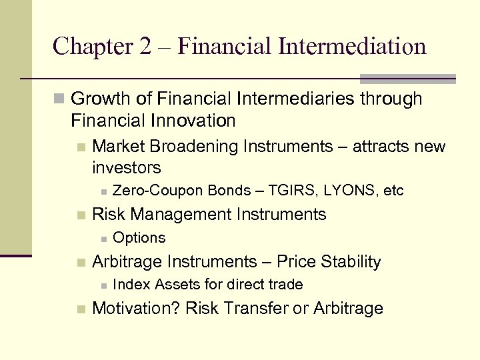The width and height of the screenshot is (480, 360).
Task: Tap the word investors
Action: pyautogui.click(x=127, y=167)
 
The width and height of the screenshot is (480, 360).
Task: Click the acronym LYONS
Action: pyautogui.click(x=349, y=191)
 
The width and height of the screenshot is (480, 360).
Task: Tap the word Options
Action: pyautogui.click(x=139, y=238)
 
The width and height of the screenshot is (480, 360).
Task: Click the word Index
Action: pyautogui.click(x=131, y=285)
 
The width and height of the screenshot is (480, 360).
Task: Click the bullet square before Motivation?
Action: pyautogui.click(x=81, y=309)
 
